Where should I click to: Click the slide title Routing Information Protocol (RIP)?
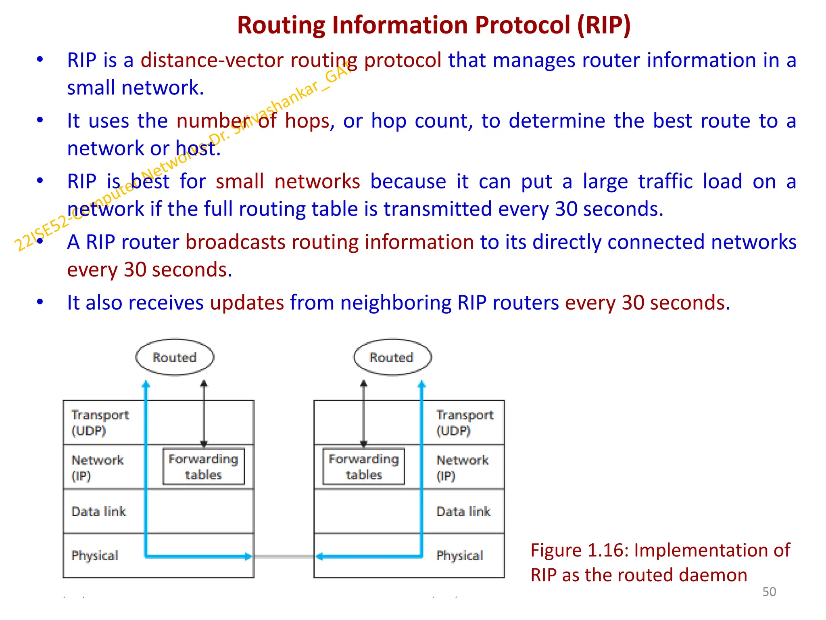click(x=434, y=25)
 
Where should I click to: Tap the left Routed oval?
click(x=175, y=357)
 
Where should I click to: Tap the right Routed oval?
click(x=392, y=357)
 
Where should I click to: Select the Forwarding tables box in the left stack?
click(x=204, y=467)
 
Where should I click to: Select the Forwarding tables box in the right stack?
click(x=363, y=467)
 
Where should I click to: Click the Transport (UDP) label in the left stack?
click(x=100, y=423)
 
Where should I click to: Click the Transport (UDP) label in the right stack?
click(x=465, y=423)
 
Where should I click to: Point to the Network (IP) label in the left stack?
click(x=97, y=467)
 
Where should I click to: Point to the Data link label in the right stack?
click(x=463, y=511)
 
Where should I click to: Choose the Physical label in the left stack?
click(x=95, y=555)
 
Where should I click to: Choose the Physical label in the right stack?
click(x=459, y=555)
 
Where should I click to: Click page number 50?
click(x=769, y=592)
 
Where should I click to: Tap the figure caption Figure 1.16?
click(x=660, y=562)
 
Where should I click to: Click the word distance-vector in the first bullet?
click(x=212, y=61)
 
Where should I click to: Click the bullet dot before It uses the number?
click(x=40, y=120)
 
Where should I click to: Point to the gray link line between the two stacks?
click(x=284, y=557)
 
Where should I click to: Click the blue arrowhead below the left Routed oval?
click(x=146, y=384)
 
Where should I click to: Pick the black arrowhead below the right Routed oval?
click(x=364, y=383)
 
